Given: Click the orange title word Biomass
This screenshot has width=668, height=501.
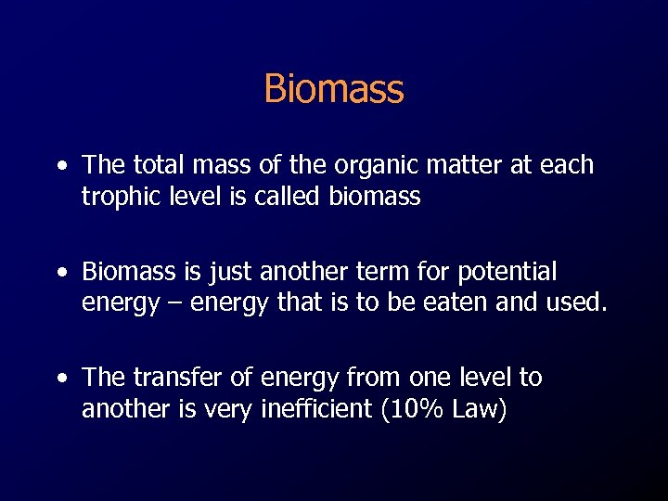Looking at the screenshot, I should pyautogui.click(x=334, y=89).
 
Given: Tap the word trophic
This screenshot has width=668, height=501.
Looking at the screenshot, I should pyautogui.click(x=120, y=198).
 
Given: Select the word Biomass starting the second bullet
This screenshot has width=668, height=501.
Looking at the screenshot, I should pyautogui.click(x=127, y=272).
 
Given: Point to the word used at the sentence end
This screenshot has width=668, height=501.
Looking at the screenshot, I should pyautogui.click(x=581, y=303).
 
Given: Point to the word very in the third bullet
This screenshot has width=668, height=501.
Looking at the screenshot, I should pyautogui.click(x=220, y=409).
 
